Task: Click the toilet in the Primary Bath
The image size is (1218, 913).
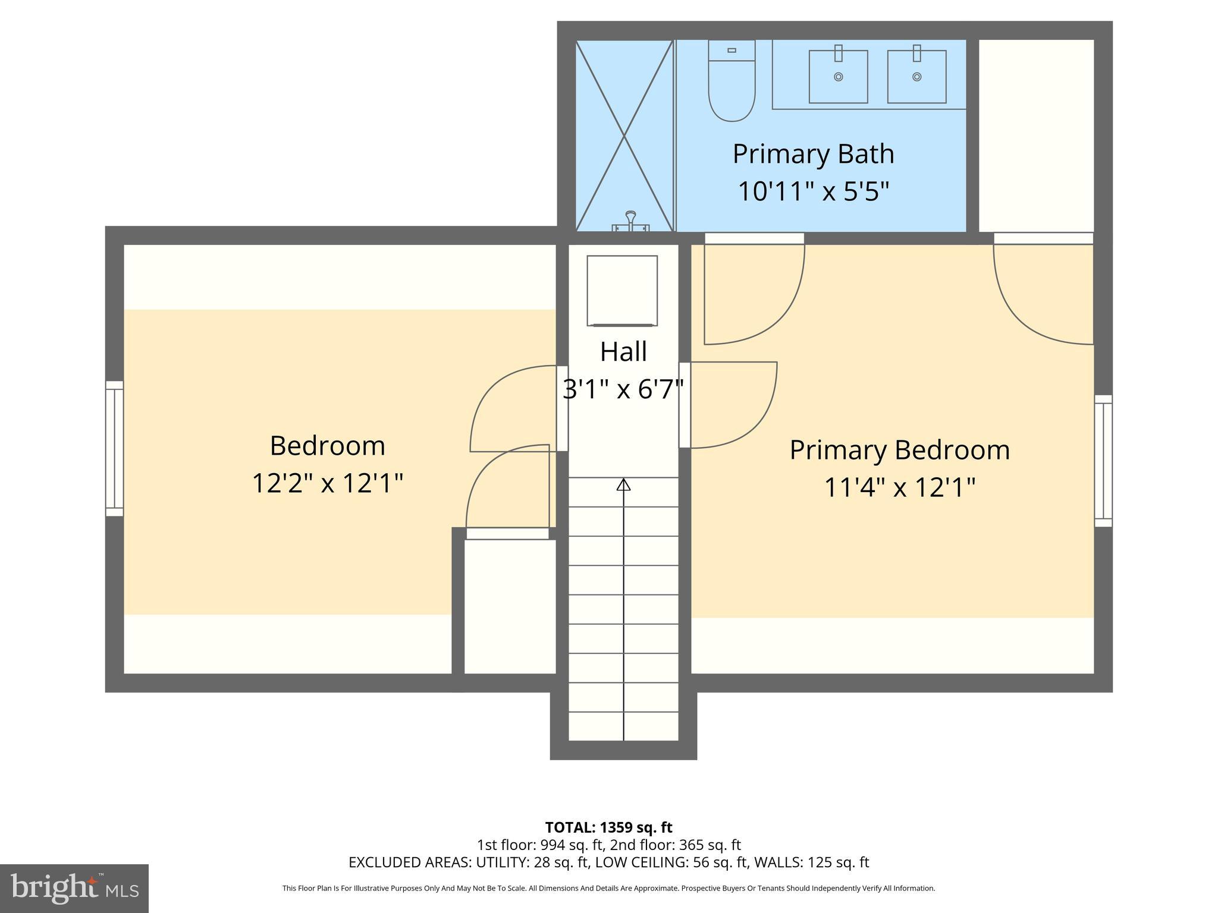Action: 732,83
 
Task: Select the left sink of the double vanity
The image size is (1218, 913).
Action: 838,77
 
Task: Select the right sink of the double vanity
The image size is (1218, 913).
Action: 916,77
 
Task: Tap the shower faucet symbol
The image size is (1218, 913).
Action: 630,221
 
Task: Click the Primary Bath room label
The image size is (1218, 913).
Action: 813,154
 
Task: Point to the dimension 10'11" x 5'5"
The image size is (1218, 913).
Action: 813,191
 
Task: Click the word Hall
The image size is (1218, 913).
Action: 623,351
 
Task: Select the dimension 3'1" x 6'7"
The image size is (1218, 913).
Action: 623,390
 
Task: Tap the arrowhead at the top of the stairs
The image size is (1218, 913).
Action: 623,484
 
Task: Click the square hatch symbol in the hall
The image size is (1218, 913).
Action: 622,291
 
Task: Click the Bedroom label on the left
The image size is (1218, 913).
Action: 327,446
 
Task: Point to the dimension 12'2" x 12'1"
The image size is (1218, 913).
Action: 327,483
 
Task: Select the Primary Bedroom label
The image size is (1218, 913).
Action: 899,450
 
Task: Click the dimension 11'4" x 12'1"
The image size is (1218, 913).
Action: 899,488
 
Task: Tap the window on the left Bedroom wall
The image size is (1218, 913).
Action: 114,449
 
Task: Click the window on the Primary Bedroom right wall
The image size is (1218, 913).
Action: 1103,461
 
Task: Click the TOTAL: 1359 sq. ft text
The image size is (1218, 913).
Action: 608,827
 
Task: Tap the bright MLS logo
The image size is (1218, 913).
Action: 74,888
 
